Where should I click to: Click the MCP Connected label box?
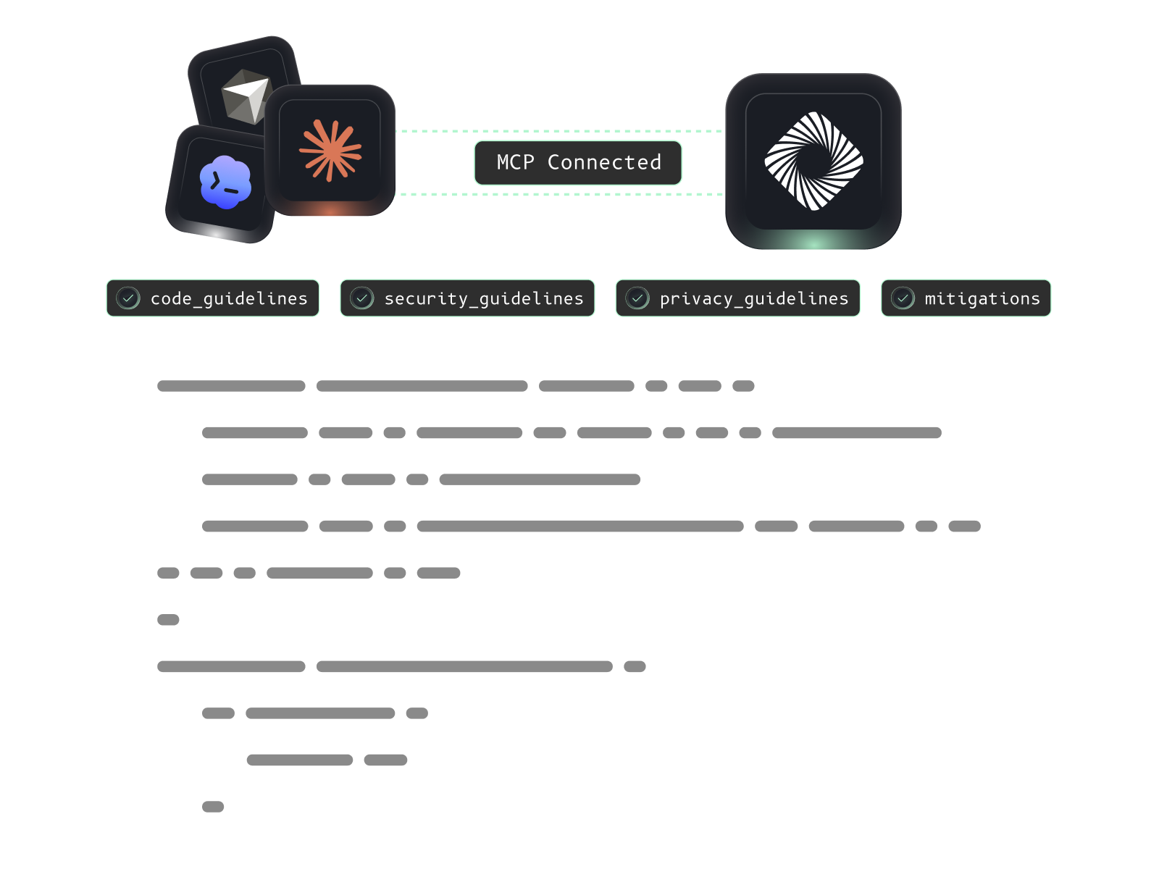(x=578, y=163)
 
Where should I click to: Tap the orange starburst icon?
(x=330, y=151)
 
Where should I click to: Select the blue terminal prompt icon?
(x=225, y=182)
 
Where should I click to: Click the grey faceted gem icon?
(x=246, y=96)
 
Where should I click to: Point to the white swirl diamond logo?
(x=813, y=161)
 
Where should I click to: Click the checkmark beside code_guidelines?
(x=128, y=298)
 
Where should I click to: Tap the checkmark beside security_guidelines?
(x=362, y=298)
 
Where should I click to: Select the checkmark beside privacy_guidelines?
(x=637, y=298)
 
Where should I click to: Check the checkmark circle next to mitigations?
(x=903, y=298)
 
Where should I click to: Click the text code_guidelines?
(x=229, y=298)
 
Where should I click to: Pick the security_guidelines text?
(x=484, y=298)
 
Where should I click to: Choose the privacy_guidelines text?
(x=754, y=298)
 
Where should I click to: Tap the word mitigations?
(x=982, y=298)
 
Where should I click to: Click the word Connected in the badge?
(x=604, y=163)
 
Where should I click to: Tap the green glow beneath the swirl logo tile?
(x=813, y=242)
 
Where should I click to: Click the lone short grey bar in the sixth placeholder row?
(x=168, y=620)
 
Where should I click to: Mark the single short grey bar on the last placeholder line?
(x=213, y=807)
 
